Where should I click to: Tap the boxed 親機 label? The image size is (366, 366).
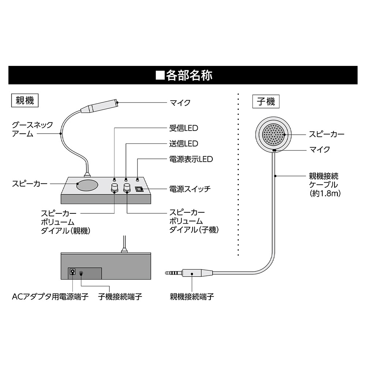25,100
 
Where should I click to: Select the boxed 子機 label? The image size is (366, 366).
266,101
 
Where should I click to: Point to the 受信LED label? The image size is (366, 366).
184,128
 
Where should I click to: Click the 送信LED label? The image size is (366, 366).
184,144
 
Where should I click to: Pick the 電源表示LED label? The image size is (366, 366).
191,159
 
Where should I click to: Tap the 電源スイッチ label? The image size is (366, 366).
190,189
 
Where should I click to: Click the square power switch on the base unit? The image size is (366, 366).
139,189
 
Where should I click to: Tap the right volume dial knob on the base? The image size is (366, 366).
127,188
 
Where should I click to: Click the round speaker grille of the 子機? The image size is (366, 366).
274,134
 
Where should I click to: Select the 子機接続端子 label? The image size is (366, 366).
120,296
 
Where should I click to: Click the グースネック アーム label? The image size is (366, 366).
32,129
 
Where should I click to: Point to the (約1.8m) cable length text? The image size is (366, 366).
325,193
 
